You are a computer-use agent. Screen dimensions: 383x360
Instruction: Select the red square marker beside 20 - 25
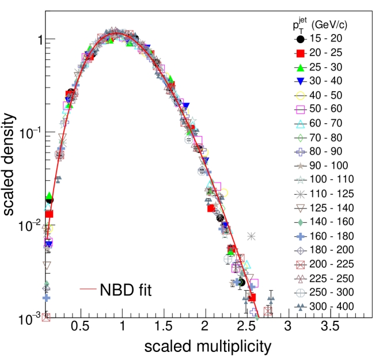301,53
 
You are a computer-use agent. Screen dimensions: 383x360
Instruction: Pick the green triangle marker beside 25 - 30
301,67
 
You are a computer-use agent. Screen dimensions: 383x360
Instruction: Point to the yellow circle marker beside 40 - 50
301,96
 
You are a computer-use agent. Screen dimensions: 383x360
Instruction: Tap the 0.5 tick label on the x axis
80,326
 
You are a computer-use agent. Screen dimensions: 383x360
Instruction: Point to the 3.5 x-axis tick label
330,326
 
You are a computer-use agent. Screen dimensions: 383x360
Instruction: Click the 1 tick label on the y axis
40,40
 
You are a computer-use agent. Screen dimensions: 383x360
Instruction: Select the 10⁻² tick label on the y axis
29,226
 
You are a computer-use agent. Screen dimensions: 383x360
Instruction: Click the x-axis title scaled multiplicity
208,347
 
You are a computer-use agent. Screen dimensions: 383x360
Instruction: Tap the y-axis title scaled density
9,164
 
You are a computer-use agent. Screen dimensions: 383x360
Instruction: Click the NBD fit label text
126,290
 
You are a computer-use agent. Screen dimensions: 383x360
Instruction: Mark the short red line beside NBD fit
88,289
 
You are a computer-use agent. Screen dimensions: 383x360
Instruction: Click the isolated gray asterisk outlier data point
251,236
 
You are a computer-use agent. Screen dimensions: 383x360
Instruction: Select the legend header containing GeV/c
320,25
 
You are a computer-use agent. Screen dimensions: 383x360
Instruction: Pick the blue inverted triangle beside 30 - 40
301,81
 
